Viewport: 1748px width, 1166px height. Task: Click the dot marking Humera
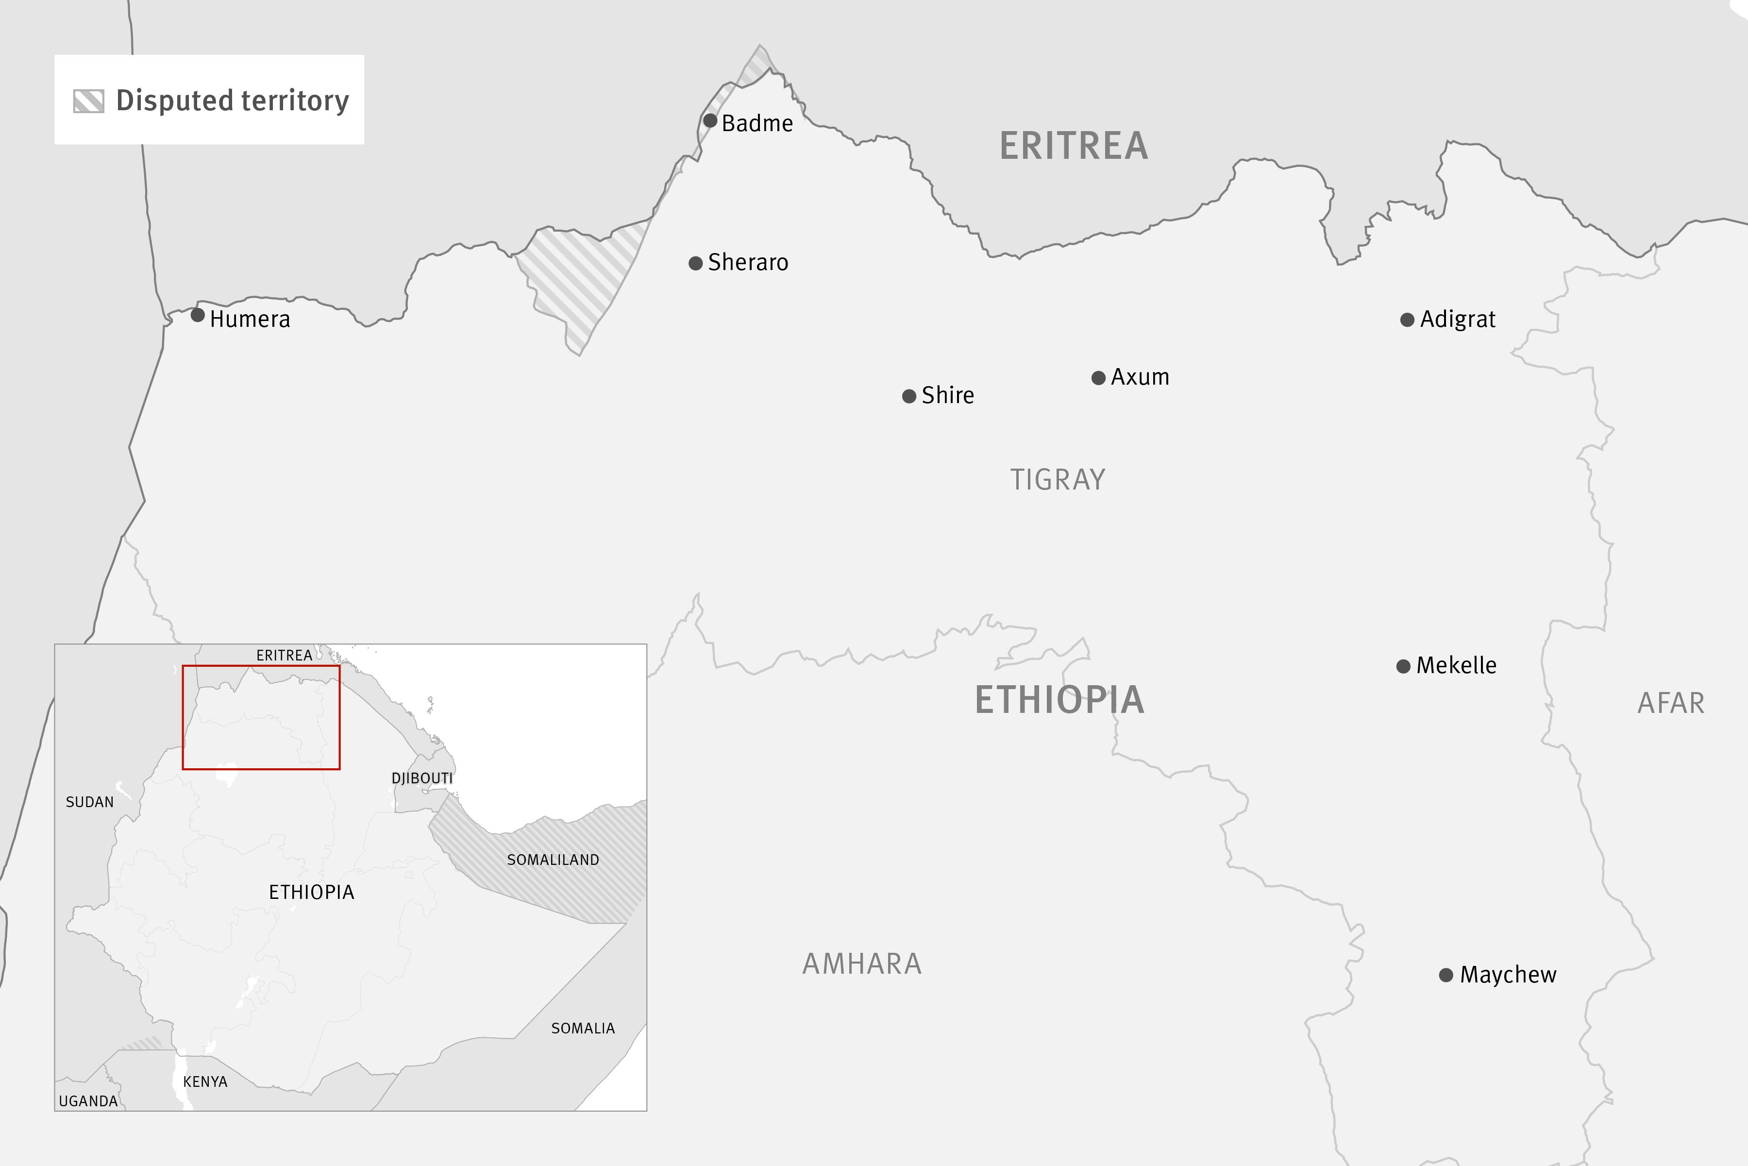198,315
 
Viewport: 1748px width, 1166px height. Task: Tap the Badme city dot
710,120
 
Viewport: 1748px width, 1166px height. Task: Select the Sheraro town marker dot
696,263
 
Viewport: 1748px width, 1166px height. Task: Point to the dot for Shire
908,396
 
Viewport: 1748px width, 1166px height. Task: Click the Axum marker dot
1098,378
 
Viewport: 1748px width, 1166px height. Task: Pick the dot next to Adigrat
1407,320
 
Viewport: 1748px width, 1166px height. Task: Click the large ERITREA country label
1074,146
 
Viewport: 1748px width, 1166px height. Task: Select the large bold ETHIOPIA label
1059,700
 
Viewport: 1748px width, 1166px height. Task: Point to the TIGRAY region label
1057,480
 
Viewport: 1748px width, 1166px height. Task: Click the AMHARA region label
862,963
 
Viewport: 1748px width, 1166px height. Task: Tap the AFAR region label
1671,703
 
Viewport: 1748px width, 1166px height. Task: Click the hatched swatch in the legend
88,101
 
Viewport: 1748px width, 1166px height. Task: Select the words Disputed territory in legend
232,101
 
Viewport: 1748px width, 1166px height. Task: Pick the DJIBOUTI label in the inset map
421,778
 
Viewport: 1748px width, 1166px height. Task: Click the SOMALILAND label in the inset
553,860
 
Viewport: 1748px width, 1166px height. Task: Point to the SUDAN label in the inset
89,802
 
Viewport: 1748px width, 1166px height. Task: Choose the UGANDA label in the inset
88,1100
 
